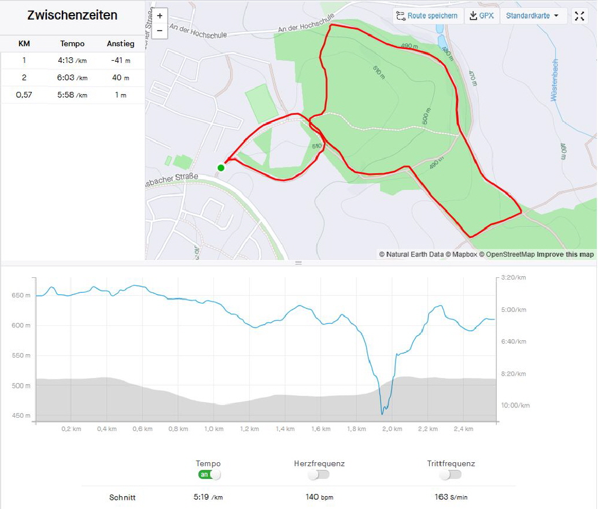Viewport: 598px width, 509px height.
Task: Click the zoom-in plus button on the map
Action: coord(160,16)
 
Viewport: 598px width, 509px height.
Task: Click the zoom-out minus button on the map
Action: coord(160,31)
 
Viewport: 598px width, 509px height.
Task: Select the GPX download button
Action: coord(482,16)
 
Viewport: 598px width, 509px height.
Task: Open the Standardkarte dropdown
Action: coord(533,16)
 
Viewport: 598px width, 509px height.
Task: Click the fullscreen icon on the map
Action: coord(579,16)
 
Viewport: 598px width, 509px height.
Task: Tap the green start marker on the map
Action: coord(220,168)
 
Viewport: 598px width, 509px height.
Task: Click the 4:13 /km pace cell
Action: coord(72,60)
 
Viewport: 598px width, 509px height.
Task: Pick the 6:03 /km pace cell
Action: coord(72,77)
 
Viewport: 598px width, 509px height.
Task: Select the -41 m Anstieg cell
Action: coord(120,60)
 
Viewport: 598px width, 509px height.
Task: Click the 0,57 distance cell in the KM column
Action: coord(24,95)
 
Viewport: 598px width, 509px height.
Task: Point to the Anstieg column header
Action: coord(120,43)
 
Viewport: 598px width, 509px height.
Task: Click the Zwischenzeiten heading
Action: coord(72,16)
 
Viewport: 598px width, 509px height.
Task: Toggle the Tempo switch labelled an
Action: coord(209,474)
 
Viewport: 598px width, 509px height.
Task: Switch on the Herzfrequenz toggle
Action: coord(319,474)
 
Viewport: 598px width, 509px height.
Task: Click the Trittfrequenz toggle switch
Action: coord(450,474)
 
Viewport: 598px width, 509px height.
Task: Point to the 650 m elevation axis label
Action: coord(21,295)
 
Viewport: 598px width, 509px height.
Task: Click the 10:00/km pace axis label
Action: coord(515,405)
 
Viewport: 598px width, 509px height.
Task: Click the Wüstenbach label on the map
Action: coord(554,81)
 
